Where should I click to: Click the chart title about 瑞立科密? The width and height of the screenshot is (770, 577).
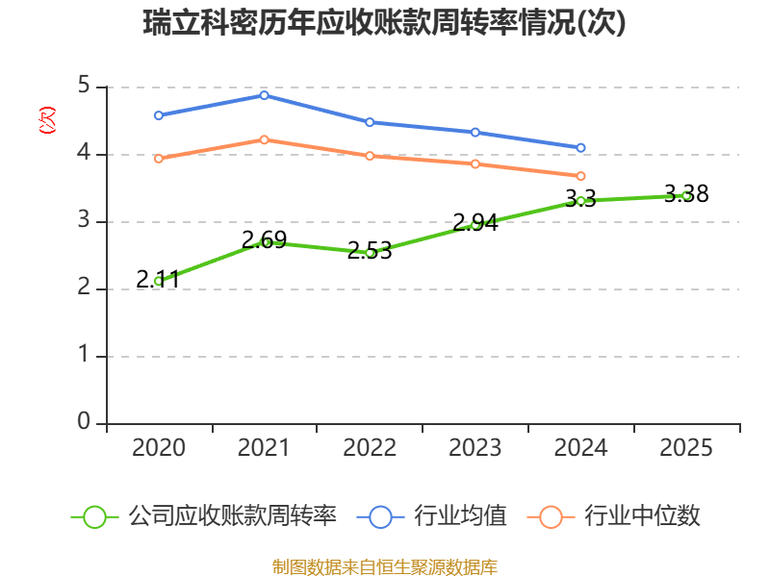coord(384,22)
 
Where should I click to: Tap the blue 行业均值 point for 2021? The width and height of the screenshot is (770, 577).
coord(264,95)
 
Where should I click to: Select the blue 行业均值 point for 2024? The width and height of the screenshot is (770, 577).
coord(580,148)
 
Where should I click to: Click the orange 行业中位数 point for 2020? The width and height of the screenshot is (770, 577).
coord(159,159)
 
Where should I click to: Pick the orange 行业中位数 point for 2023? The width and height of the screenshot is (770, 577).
coord(475,163)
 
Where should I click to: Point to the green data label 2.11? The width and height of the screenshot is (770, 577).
coord(158,280)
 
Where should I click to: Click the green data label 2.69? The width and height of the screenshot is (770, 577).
coord(264,239)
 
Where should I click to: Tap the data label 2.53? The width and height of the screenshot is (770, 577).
coord(370,251)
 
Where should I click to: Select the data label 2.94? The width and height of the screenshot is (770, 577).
coord(475,222)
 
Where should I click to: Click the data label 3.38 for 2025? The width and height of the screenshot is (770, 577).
coord(686,194)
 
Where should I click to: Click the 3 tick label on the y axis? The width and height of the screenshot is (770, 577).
coord(85,220)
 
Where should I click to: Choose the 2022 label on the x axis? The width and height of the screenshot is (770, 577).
coord(370,447)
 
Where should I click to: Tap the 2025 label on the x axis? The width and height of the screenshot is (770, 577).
coord(686,447)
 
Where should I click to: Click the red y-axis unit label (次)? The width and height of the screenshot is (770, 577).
coord(47,120)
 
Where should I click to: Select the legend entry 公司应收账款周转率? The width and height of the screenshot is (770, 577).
coord(204,516)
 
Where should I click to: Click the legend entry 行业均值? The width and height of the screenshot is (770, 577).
coord(431,516)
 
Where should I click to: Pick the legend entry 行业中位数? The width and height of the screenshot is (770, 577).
coord(613,516)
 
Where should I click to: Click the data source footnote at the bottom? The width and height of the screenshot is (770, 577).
coord(385,567)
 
